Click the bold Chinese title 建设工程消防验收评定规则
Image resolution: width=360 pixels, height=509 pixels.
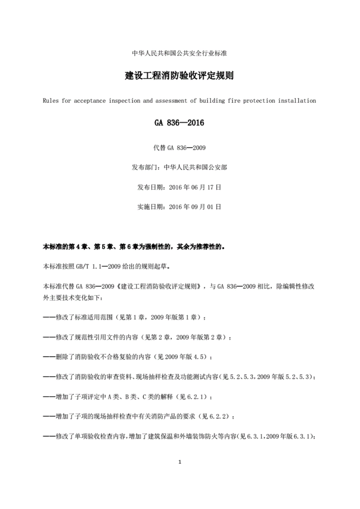coord(179,76)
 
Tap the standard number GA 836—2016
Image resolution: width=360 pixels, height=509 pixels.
coord(179,123)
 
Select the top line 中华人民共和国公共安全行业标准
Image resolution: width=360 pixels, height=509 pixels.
coord(179,53)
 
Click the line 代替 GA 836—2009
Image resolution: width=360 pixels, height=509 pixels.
coord(179,148)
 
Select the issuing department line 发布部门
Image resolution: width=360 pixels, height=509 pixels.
coord(179,167)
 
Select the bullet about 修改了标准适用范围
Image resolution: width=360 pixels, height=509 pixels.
coord(125,317)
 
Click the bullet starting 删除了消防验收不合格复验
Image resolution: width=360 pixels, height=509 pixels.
coord(128,357)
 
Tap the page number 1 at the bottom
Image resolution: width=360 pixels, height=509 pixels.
coord(180,462)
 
